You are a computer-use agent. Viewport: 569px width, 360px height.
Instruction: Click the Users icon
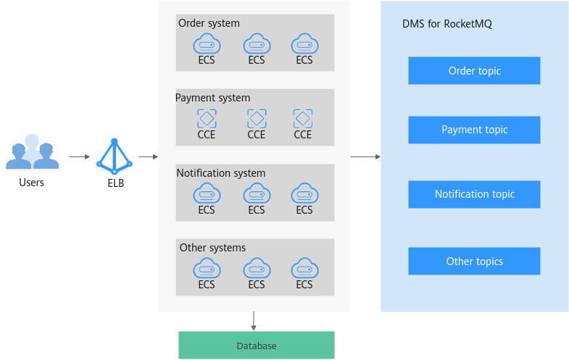[x=33, y=151]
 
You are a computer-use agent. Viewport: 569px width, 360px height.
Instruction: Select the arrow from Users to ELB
[x=80, y=156]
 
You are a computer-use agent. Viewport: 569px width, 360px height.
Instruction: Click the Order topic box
[x=474, y=71]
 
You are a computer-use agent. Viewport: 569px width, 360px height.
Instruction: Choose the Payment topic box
[x=474, y=130]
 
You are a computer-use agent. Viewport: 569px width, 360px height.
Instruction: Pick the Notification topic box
[x=474, y=194]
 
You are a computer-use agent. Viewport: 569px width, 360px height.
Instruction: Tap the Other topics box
[x=474, y=261]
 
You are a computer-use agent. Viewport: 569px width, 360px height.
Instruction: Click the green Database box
[x=257, y=345]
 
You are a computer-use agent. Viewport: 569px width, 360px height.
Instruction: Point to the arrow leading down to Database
[x=254, y=321]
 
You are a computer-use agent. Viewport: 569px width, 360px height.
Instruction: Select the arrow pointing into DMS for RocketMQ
[x=365, y=156]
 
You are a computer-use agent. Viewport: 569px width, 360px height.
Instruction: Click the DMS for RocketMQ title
[x=447, y=24]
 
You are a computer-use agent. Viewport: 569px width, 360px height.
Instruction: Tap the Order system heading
[x=209, y=23]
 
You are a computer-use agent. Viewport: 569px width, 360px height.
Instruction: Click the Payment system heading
[x=212, y=98]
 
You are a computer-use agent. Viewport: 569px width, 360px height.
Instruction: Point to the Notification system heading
[x=221, y=173]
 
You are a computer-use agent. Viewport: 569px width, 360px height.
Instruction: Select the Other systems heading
[x=212, y=248]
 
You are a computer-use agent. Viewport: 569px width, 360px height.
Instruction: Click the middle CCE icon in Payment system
[x=257, y=119]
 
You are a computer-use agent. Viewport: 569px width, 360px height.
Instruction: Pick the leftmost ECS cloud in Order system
[x=207, y=44]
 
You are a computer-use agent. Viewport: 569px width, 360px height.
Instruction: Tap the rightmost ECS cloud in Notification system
[x=305, y=193]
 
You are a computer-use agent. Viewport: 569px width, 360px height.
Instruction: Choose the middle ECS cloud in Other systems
[x=257, y=268]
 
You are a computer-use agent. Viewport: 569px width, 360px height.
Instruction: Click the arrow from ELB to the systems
[x=149, y=156]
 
